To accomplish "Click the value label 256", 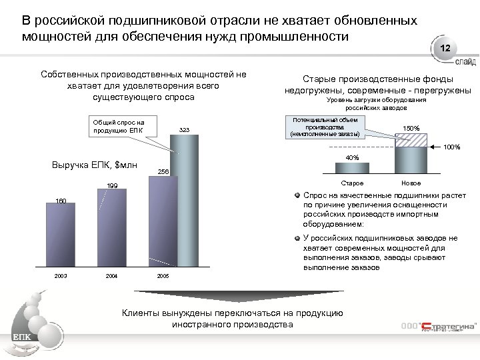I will point(163,172).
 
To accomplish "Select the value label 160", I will point(61,200).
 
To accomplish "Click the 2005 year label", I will point(163,276).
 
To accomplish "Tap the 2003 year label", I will point(61,276).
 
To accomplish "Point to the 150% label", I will point(411,128).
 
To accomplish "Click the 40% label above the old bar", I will point(352,158).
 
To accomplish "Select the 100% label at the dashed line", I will point(451,147).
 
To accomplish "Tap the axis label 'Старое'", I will point(352,183).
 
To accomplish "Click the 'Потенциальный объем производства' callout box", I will point(324,127).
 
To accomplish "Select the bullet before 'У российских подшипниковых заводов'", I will point(299,238).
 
